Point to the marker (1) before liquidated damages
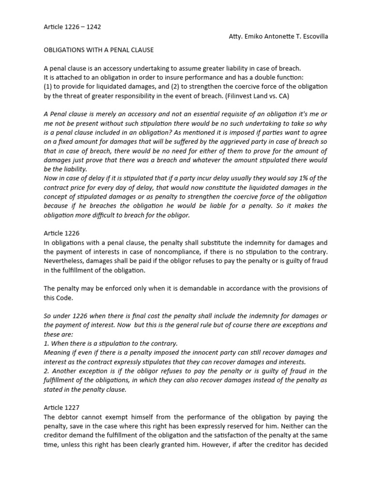pos(48,87)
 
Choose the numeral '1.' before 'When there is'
pos(46,343)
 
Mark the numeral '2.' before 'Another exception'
pos(47,371)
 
